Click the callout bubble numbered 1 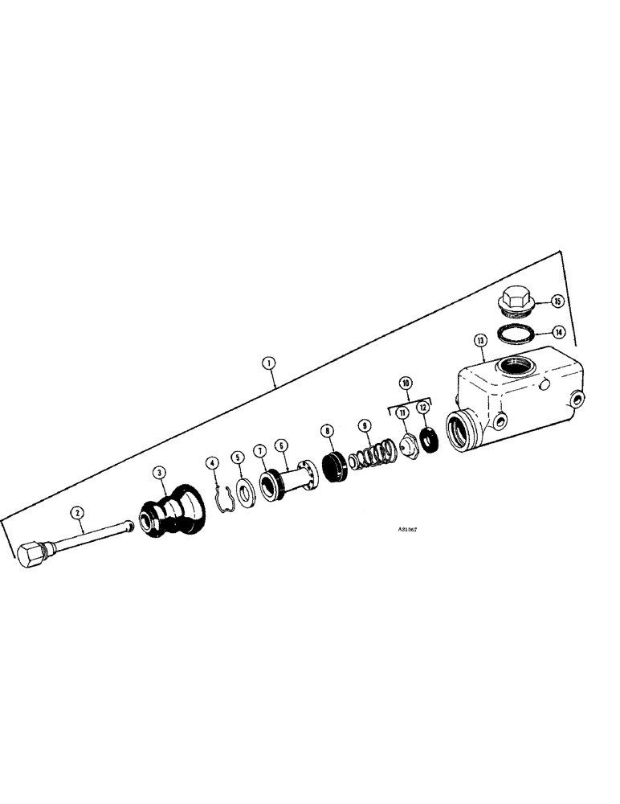coord(270,363)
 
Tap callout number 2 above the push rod coord(77,511)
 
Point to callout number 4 coord(212,462)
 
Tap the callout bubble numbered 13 coord(480,342)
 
